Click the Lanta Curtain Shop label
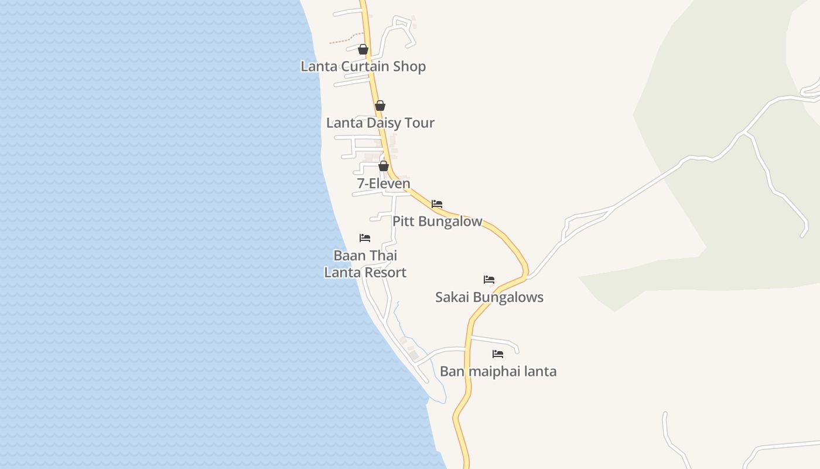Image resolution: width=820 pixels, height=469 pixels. click(363, 66)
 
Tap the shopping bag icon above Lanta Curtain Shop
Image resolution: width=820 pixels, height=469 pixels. click(363, 49)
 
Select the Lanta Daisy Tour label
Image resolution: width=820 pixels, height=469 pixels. click(380, 123)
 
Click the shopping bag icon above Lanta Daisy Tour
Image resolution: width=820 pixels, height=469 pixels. click(380, 106)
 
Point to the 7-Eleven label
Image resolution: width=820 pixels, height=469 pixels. click(384, 183)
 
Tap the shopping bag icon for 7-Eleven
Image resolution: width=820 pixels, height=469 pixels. click(384, 166)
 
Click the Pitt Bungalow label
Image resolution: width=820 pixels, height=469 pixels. click(437, 222)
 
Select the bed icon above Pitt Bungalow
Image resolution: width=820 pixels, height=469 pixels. click(437, 204)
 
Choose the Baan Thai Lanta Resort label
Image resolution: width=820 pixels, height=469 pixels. click(365, 264)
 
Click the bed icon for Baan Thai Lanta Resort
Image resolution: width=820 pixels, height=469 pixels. click(365, 238)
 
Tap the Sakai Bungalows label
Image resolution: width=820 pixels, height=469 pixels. click(489, 297)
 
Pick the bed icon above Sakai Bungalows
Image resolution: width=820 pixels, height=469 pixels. click(489, 280)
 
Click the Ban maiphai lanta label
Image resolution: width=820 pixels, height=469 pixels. click(498, 371)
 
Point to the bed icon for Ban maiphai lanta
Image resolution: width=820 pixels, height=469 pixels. click(498, 354)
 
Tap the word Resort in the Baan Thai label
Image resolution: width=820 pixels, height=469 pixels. click(385, 273)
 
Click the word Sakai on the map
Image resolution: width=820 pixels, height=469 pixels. click(452, 297)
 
